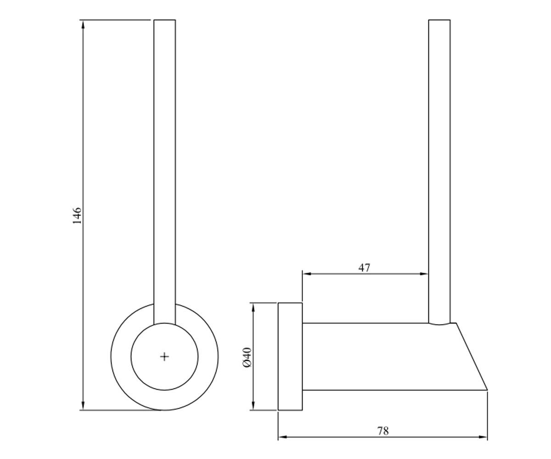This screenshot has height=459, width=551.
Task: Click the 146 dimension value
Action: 77,216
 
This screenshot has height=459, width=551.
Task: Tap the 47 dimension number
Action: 365,268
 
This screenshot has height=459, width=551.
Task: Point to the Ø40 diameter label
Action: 247,357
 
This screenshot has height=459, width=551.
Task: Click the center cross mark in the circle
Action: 164,357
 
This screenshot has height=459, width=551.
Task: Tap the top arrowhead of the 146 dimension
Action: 83,24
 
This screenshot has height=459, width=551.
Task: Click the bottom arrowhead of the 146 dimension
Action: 83,405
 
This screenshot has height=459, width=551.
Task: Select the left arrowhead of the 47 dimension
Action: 307,274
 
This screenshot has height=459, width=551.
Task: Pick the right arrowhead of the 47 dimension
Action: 424,274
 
